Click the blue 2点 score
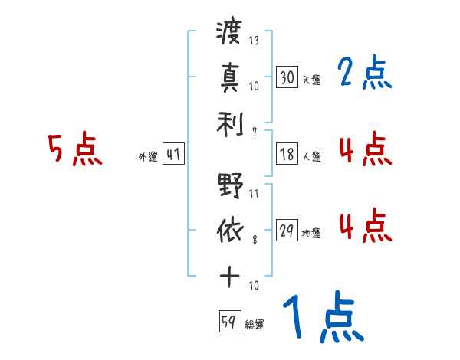tap(364, 74)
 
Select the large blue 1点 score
tap(323, 318)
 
